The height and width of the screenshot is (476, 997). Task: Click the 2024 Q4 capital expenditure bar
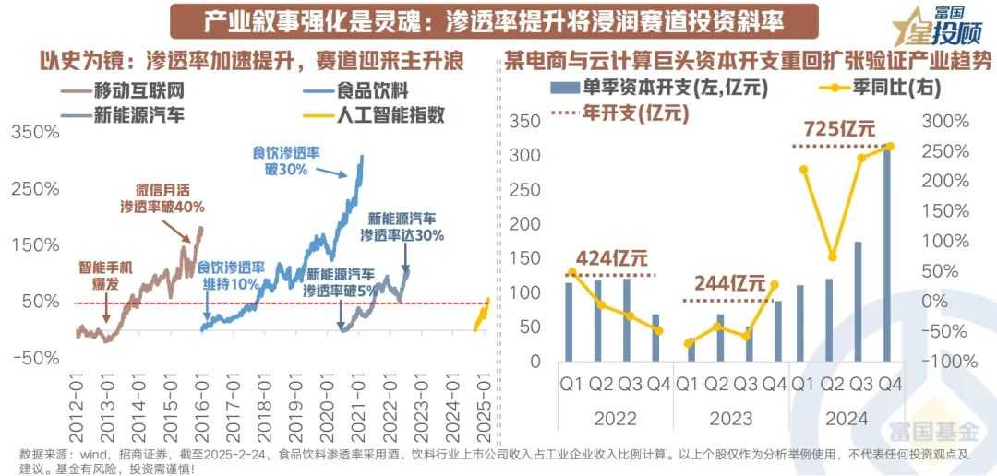click(887, 253)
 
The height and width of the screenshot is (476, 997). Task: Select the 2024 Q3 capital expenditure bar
click(858, 301)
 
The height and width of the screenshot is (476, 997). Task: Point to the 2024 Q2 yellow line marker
click(832, 256)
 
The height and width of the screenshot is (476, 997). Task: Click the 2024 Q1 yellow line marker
click(803, 169)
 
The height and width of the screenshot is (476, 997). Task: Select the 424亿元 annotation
click(610, 259)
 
